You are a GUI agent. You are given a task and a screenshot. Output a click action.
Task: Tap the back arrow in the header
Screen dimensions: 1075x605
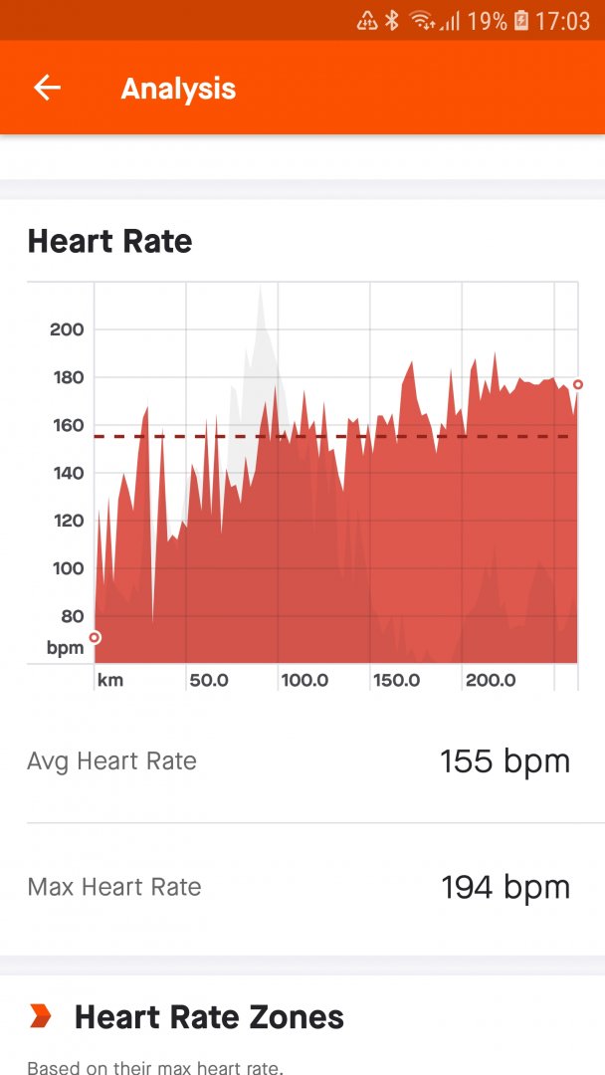coord(47,89)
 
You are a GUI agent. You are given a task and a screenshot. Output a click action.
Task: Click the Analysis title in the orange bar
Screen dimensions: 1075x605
coord(178,89)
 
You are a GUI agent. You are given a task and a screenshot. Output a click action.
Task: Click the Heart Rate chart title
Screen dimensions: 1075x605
coord(109,241)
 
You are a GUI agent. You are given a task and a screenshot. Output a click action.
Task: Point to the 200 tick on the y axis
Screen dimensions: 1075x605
coord(67,329)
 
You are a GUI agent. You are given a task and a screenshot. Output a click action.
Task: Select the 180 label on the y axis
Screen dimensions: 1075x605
coord(67,377)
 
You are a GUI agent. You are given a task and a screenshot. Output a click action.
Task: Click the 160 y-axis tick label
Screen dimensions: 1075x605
coord(67,425)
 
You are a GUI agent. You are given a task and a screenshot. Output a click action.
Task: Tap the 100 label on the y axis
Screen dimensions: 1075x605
coord(67,568)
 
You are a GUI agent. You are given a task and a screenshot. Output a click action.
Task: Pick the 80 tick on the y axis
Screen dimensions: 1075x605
coord(72,616)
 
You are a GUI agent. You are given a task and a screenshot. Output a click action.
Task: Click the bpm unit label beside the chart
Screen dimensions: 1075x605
coord(66,648)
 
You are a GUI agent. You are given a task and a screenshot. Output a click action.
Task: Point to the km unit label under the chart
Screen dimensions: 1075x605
coord(110,681)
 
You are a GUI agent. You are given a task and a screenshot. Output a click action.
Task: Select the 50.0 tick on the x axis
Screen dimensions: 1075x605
coord(209,681)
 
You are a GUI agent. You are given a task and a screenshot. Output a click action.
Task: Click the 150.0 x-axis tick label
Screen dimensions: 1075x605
coord(396,681)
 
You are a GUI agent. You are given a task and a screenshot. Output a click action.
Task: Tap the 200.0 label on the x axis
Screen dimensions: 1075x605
coord(491,681)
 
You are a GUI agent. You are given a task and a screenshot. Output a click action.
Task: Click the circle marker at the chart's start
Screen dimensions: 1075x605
coord(95,638)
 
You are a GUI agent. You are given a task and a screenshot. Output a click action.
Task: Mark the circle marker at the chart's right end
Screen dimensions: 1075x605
coord(578,384)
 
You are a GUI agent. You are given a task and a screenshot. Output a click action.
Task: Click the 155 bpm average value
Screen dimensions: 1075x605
coord(504,761)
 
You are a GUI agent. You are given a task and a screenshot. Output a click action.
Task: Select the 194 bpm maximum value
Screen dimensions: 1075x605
coord(504,887)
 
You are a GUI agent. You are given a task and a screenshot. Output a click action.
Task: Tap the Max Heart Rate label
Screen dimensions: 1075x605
coord(113,887)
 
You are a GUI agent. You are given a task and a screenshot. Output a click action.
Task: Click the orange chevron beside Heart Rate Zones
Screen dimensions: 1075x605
coord(40,1016)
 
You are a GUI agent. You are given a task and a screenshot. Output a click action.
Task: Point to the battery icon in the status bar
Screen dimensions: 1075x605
coord(521,20)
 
